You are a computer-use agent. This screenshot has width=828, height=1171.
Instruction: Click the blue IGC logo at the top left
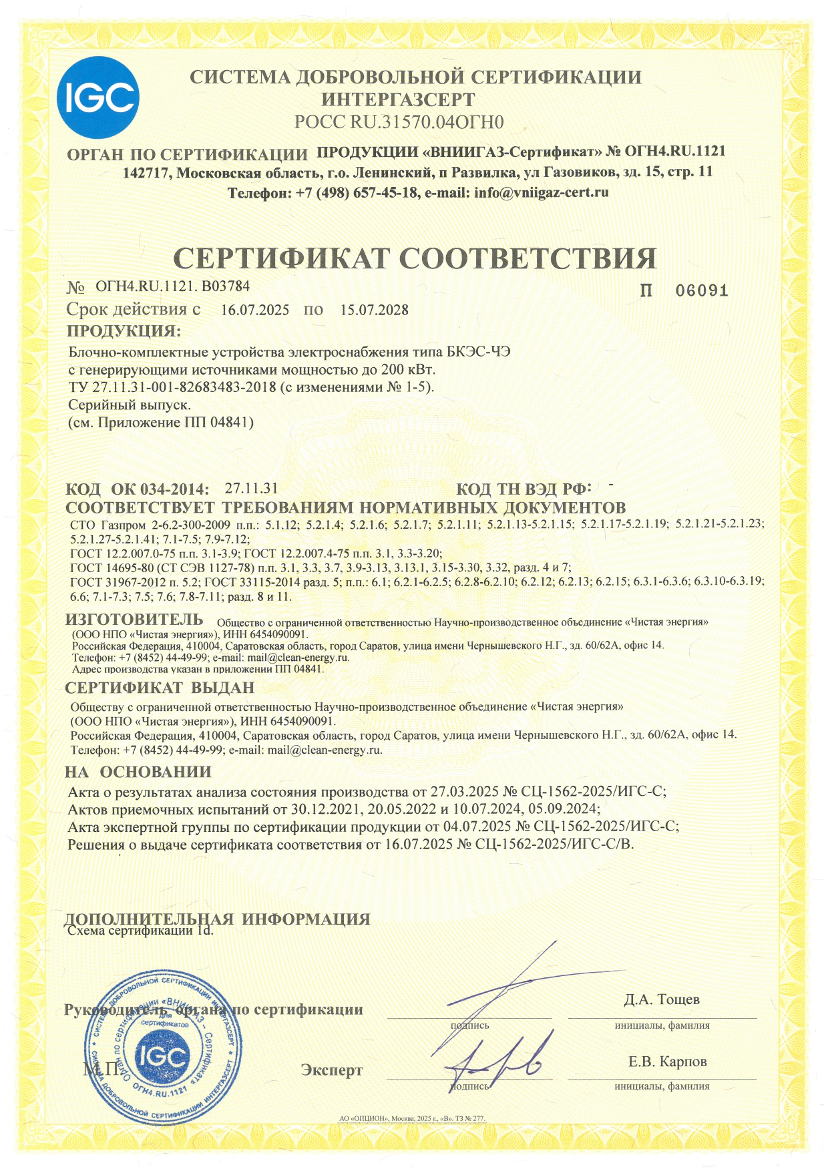(98, 98)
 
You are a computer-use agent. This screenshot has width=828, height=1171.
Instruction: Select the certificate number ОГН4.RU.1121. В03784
(173, 286)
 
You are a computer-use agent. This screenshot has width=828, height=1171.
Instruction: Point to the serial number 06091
(701, 291)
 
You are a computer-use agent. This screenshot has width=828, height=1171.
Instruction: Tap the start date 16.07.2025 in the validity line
(255, 310)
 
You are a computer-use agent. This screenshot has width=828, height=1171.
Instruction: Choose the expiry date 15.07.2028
(374, 310)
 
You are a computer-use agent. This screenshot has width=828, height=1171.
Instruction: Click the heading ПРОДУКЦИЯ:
(124, 331)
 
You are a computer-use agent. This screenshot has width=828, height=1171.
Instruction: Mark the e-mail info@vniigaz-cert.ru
(541, 192)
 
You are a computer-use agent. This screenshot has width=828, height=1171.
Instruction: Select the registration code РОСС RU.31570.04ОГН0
(399, 122)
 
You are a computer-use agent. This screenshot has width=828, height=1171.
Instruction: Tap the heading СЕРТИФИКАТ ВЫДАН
(160, 688)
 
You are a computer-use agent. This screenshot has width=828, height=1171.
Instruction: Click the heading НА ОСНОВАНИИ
(138, 772)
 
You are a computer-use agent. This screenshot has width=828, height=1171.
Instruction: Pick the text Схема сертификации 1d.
(142, 931)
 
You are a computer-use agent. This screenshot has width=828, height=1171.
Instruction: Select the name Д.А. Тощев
(662, 999)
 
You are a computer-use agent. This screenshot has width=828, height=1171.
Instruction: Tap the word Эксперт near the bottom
(332, 1070)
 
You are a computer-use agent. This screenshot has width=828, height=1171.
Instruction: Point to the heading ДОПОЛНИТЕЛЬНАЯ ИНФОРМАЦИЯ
(217, 918)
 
